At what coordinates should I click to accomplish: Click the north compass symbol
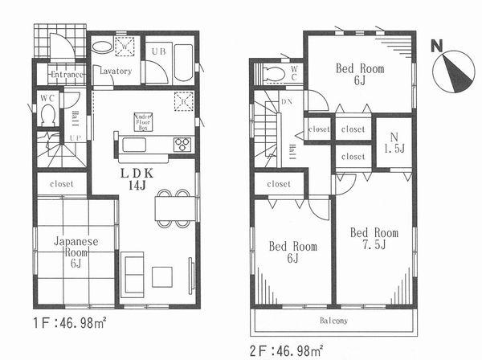(454, 68)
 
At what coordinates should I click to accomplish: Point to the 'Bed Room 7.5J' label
(374, 239)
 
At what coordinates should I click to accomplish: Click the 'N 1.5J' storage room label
(394, 142)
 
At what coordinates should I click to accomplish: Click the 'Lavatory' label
(116, 71)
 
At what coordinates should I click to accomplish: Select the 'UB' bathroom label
(158, 50)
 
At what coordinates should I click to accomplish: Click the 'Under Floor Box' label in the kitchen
(143, 121)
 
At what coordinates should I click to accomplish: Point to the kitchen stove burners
(182, 145)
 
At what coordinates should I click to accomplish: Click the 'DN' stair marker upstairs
(287, 102)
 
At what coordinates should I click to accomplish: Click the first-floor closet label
(62, 184)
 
